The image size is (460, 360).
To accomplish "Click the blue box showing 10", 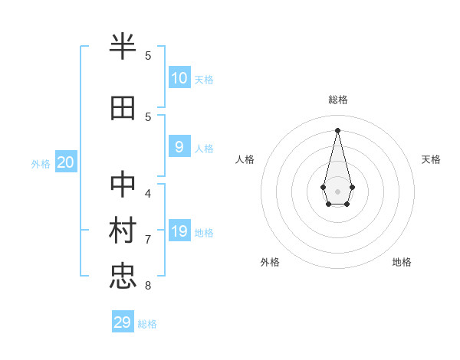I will [179, 78].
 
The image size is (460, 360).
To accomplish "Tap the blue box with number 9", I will [179, 147].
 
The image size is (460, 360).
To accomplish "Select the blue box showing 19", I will [179, 231].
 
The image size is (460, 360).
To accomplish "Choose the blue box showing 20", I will [66, 162].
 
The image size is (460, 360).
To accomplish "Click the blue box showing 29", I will [123, 322].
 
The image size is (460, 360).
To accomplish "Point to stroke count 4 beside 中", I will [148, 192].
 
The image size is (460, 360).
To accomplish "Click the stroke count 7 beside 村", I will [148, 239].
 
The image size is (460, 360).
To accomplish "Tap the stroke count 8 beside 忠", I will [148, 286].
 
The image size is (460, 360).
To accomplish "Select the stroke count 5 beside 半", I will [148, 55].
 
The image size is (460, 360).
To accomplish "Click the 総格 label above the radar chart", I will [337, 100].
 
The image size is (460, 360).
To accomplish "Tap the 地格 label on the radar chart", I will [402, 262].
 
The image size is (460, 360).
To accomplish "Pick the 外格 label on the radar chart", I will [270, 262].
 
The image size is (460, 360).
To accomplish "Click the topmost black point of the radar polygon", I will [337, 129].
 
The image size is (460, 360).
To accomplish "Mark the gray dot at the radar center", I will [337, 191].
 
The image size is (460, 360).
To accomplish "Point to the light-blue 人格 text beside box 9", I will [204, 149].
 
